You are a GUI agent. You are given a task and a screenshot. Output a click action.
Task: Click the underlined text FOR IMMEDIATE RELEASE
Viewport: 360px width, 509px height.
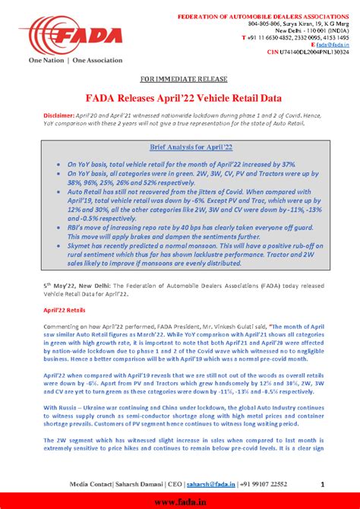coord(179,79)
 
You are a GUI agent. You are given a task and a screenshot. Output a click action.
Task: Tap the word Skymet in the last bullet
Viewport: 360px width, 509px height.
coord(78,247)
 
